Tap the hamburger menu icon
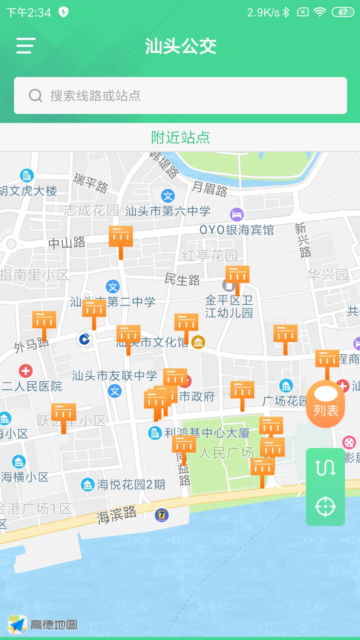click(x=26, y=46)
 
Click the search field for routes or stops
click(x=180, y=96)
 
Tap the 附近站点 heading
click(x=180, y=138)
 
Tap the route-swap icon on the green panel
click(x=325, y=467)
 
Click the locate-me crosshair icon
click(x=325, y=507)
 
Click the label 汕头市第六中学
click(x=168, y=211)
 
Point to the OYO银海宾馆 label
click(x=236, y=230)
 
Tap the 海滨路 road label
click(x=116, y=515)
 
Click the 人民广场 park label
click(x=226, y=453)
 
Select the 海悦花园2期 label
click(x=131, y=485)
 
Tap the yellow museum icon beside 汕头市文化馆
click(x=198, y=342)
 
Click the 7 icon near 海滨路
click(x=162, y=515)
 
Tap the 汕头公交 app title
click(x=180, y=46)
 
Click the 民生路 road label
click(x=182, y=280)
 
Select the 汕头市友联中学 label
click(x=114, y=376)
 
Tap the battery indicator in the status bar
click(x=343, y=12)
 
